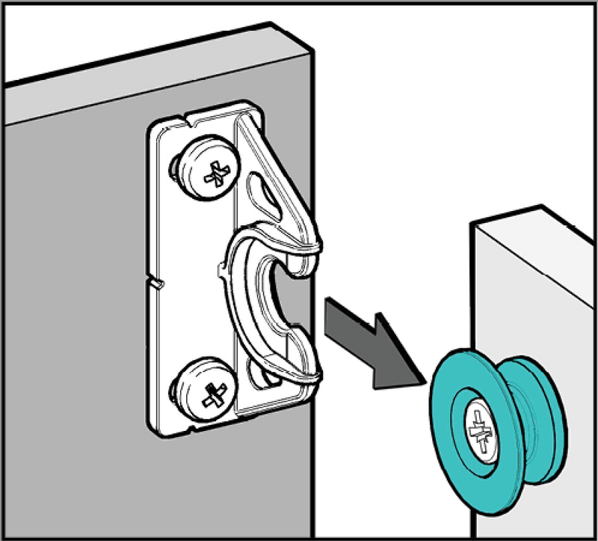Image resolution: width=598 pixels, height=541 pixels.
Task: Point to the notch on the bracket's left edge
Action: (157, 284)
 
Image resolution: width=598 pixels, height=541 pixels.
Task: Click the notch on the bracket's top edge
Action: (184, 118)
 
